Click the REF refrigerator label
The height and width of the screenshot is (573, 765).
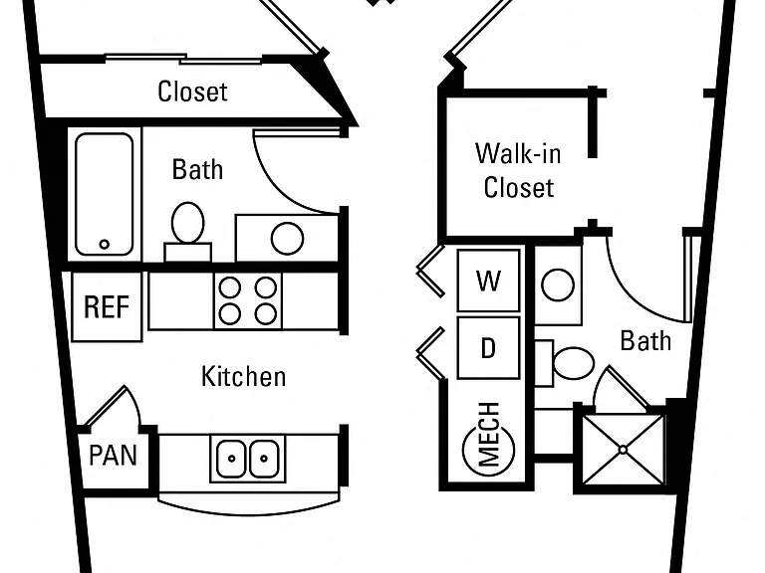tap(107, 307)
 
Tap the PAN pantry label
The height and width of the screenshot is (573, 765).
tap(114, 456)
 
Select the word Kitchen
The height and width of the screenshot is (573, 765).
tap(243, 377)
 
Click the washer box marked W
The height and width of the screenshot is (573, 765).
tap(488, 281)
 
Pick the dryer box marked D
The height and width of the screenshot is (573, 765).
tap(488, 348)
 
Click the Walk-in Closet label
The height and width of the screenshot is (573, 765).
tap(518, 170)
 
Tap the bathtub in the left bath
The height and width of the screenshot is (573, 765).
tap(104, 194)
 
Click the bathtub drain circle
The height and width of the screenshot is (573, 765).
tap(104, 244)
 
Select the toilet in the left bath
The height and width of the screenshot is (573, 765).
tap(188, 232)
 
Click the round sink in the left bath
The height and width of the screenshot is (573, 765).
tap(287, 239)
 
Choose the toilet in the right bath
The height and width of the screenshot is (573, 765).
tap(566, 363)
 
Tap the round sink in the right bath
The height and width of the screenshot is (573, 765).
tap(558, 285)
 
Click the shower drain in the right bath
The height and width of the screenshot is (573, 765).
tap(623, 450)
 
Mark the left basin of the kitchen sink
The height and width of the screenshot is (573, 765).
tap(231, 458)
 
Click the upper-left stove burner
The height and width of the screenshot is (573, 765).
tap(230, 287)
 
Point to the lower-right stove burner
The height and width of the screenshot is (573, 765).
tap(266, 313)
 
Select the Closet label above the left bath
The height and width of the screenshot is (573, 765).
tap(192, 92)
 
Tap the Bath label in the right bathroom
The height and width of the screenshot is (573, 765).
tap(645, 340)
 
